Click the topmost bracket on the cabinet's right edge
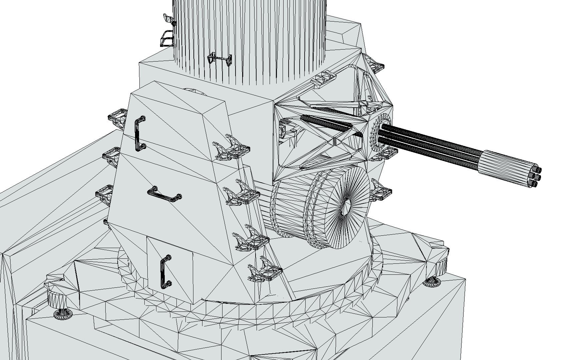pos(233,149)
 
